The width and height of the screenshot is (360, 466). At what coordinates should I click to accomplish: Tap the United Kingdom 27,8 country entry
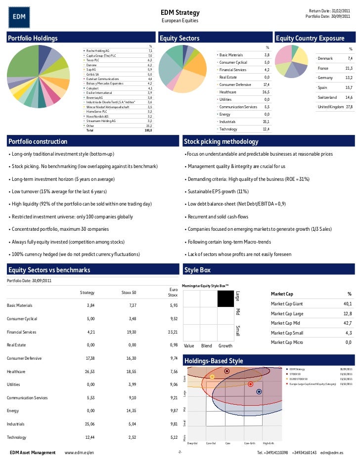334,107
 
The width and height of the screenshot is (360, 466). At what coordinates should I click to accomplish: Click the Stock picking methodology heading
221,142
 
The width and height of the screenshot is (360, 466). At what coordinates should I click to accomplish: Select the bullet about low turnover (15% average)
57,191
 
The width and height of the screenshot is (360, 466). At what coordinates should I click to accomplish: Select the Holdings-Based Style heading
213,361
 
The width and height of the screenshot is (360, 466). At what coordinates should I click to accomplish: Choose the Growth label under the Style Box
225,346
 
